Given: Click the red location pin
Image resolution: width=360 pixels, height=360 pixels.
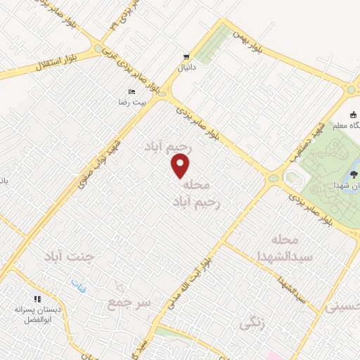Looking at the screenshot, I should coord(181,166).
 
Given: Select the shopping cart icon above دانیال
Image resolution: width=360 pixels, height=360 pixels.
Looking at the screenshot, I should coord(186,56).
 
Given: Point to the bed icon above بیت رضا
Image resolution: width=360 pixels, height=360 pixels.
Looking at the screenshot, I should coord(131,92).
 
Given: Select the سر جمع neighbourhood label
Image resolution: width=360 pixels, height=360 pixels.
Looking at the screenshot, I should coord(127,303).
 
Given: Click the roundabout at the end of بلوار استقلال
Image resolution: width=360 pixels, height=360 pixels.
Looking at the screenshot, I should coord(98,49).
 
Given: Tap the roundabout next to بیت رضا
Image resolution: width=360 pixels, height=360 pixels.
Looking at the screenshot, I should coord(162,91).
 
